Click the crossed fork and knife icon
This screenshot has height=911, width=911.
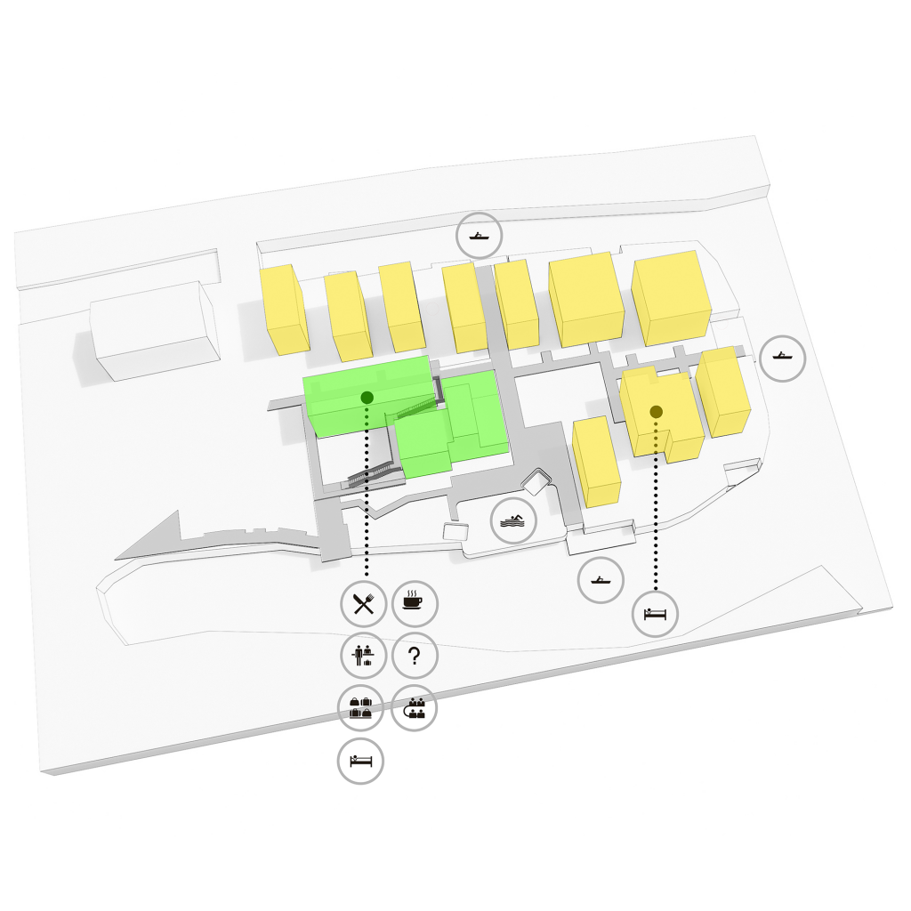tap(362, 604)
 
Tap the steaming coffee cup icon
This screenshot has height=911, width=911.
tap(414, 603)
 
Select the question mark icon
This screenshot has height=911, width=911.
tap(414, 657)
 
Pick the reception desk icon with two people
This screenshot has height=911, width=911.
tap(362, 657)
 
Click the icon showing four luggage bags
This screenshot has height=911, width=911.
tap(361, 709)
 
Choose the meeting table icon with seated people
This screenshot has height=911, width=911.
tap(414, 709)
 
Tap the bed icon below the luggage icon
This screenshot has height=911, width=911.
tap(361, 762)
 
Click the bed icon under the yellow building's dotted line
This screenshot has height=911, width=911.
tap(656, 613)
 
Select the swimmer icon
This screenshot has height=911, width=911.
tap(513, 521)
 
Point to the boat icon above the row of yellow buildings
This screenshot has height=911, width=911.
tap(480, 237)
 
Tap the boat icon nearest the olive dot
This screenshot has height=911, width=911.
tap(783, 359)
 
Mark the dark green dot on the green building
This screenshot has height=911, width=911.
tap(367, 397)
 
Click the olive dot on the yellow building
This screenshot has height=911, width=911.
tap(656, 412)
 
